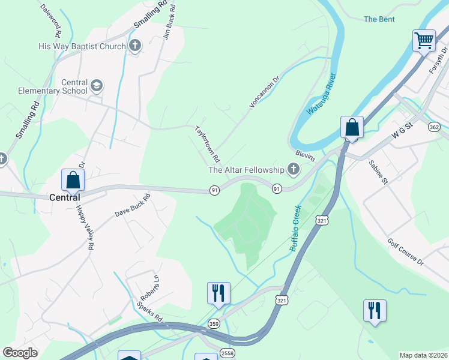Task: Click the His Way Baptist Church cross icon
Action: [135, 46]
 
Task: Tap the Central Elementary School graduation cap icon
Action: [97, 86]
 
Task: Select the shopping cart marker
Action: [424, 41]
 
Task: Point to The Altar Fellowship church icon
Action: [294, 170]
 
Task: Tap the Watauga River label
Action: [322, 94]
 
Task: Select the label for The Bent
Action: [379, 19]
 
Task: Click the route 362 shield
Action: [435, 127]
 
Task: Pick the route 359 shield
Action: [214, 324]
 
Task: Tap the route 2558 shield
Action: [227, 352]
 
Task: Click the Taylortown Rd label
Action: [205, 139]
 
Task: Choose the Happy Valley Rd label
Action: [84, 227]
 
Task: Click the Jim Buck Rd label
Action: [169, 22]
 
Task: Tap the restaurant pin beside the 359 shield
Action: [217, 293]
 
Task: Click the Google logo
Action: [20, 353]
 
